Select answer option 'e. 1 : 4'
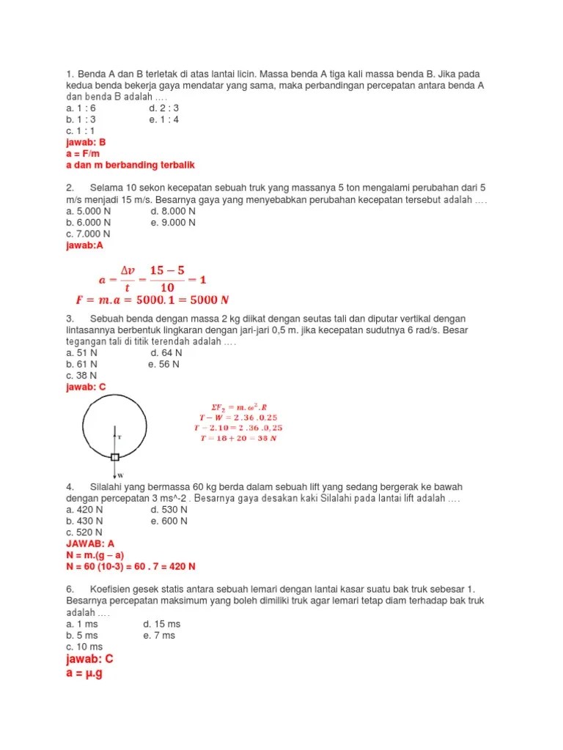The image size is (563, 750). click(x=164, y=119)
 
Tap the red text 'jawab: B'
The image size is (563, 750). click(x=86, y=142)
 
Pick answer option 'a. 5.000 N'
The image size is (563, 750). click(x=88, y=211)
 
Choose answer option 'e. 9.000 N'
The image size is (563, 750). click(x=173, y=222)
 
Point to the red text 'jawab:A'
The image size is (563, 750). click(x=84, y=245)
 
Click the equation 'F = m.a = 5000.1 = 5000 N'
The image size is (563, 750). click(x=152, y=300)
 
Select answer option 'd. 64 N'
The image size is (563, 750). click(x=165, y=352)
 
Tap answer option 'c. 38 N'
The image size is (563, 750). click(x=81, y=375)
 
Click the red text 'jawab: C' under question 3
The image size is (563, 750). click(x=86, y=387)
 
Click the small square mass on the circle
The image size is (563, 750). click(x=115, y=457)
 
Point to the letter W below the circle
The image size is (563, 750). click(x=121, y=476)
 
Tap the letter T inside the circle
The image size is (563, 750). click(x=119, y=437)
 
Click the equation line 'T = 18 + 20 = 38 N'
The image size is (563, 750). click(x=238, y=438)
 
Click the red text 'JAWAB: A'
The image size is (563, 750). click(x=90, y=544)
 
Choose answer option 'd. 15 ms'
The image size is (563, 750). click(x=161, y=624)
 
